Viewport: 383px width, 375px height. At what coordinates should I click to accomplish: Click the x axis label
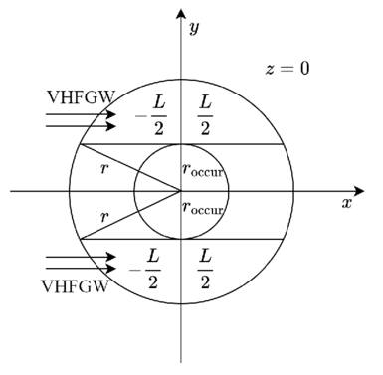click(x=347, y=203)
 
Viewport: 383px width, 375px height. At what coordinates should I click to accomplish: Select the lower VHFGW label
click(x=76, y=285)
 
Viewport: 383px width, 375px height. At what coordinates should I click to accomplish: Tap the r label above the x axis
click(x=106, y=169)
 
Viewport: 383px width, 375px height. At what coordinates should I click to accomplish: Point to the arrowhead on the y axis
click(x=180, y=11)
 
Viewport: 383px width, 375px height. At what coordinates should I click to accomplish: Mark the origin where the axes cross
click(x=180, y=191)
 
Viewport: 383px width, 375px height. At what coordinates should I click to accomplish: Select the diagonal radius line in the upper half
click(x=129, y=168)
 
